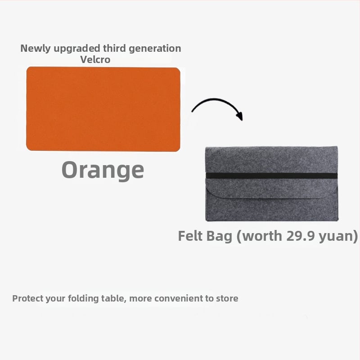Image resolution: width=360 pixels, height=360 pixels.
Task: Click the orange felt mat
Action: tap(103, 109)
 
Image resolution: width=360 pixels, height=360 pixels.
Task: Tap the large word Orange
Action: tap(103, 170)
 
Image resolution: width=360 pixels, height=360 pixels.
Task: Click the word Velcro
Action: tap(95, 60)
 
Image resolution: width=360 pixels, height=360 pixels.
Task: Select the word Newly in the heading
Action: tap(35, 49)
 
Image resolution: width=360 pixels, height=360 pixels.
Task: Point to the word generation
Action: tap(155, 49)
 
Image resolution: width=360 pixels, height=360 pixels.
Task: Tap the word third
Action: tap(114, 48)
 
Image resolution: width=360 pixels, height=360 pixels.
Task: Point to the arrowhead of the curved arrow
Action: tap(240, 116)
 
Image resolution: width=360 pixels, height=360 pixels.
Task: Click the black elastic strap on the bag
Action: tap(272, 175)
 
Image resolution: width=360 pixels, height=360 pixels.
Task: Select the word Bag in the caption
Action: tap(219, 237)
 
